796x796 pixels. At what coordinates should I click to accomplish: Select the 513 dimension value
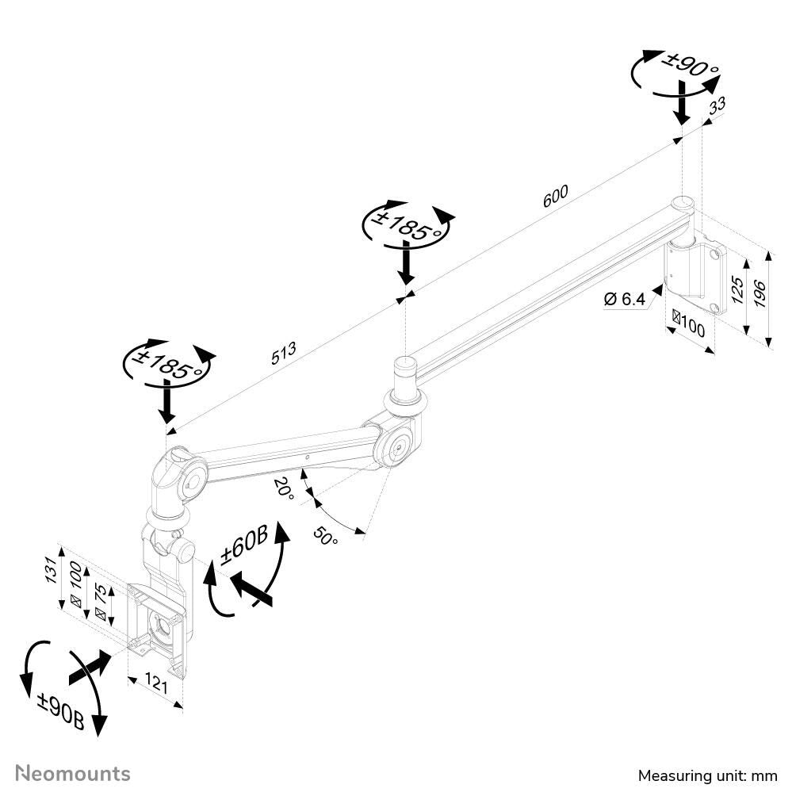[x=283, y=354]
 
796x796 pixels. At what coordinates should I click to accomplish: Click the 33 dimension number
[x=717, y=107]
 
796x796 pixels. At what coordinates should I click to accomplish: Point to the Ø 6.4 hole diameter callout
[x=624, y=299]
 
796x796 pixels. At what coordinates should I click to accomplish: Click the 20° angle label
[x=284, y=488]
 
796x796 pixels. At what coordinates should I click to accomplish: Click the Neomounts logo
[x=73, y=773]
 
